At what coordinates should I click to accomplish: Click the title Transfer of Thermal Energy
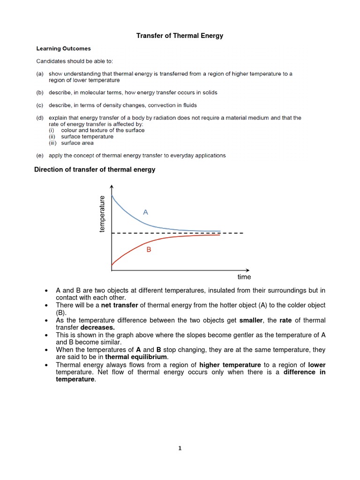click(x=180, y=36)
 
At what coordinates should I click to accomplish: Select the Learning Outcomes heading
click(x=64, y=48)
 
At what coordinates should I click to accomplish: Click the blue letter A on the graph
click(x=145, y=212)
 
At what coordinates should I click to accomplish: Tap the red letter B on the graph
click(x=149, y=250)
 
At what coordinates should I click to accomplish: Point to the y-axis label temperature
click(x=102, y=214)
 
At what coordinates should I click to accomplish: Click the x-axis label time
click(x=244, y=277)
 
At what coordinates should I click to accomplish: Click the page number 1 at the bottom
click(x=180, y=448)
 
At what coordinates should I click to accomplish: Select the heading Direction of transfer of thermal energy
click(x=95, y=170)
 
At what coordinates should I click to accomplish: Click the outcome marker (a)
click(x=40, y=74)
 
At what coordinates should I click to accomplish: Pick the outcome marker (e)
click(x=40, y=155)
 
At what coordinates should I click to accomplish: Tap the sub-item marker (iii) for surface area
click(x=53, y=143)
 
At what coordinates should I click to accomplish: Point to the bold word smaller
click(x=252, y=320)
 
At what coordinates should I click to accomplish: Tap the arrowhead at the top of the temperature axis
click(x=112, y=187)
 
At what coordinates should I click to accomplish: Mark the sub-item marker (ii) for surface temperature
click(x=52, y=137)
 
